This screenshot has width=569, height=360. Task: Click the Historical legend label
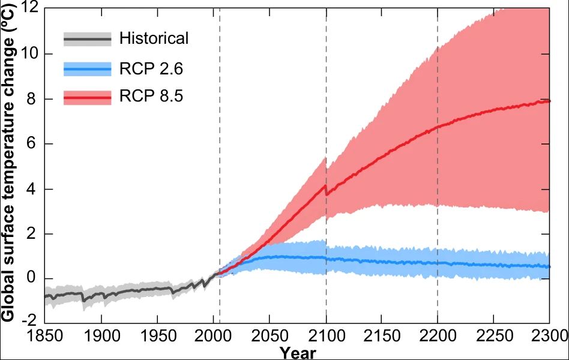tap(154, 39)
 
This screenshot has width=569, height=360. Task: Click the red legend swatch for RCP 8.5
tap(88, 97)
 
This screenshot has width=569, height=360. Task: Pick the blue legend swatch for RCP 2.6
tap(88, 69)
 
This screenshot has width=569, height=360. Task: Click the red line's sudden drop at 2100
tap(326, 190)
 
